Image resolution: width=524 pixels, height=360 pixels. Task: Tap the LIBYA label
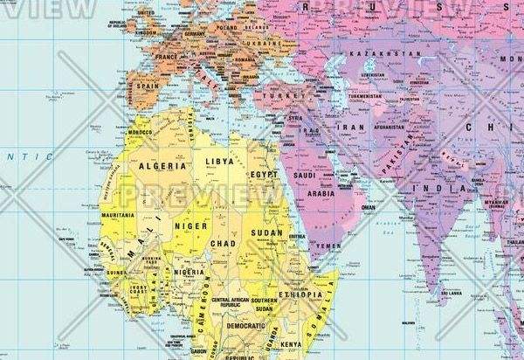click(219, 163)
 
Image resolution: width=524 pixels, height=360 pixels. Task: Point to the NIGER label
click(191, 225)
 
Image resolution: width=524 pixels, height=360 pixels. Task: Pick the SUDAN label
click(266, 233)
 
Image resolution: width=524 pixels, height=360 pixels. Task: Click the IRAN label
click(350, 127)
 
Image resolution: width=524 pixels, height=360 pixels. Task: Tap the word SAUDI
click(305, 177)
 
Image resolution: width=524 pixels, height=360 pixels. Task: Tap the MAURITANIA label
click(116, 215)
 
